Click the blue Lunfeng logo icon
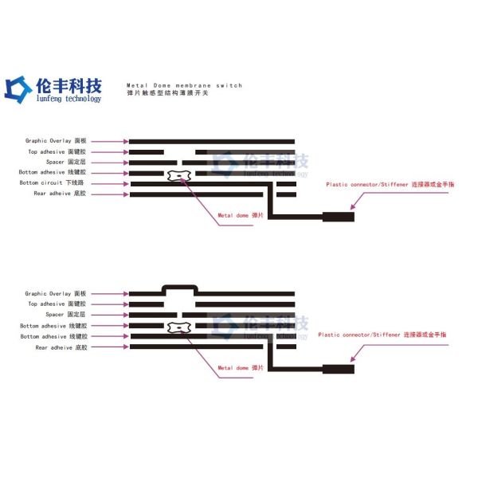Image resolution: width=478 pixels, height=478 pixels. point(18,88)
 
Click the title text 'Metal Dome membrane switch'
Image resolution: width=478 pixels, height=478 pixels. point(184,85)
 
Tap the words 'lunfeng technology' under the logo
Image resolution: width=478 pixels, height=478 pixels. point(69,99)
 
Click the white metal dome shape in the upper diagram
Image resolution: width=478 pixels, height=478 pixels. point(178,174)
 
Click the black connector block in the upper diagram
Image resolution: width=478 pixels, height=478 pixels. point(338,216)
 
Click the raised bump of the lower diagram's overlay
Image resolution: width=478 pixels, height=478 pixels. point(179,287)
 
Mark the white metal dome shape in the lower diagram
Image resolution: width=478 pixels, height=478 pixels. point(178,329)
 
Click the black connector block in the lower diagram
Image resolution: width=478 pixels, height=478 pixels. point(338,369)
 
